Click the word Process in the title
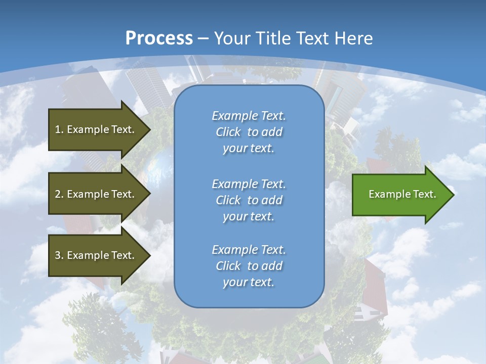coord(159,38)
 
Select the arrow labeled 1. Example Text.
coord(96,129)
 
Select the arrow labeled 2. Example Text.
coord(96,194)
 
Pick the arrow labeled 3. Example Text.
coord(96,255)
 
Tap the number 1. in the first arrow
coord(60,129)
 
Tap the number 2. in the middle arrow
coord(60,194)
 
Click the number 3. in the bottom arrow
coord(60,255)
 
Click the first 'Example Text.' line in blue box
coord(249,116)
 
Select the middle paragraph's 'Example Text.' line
coord(249,184)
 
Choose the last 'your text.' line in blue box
coord(249,282)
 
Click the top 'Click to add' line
coord(249,132)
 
